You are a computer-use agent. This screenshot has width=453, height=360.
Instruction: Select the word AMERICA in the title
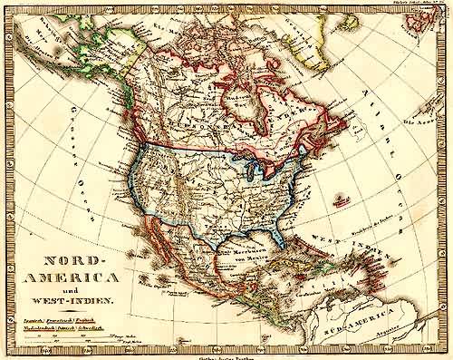(70, 275)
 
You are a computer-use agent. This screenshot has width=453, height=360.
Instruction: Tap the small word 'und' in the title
(71, 287)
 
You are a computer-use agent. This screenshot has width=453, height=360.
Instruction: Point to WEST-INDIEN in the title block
(71, 297)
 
